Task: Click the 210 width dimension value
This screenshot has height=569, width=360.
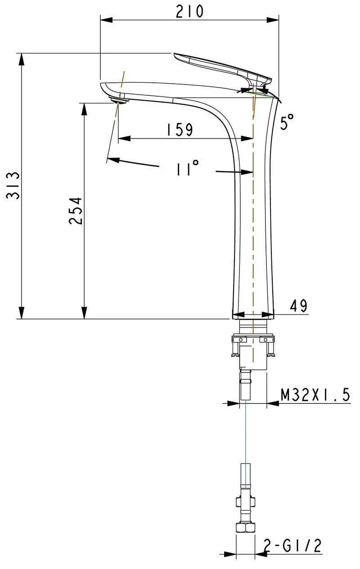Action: pos(190,11)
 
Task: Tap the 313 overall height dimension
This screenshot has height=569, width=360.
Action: pos(13,185)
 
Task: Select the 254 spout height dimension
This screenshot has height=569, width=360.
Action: pos(76,211)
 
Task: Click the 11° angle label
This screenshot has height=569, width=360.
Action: pos(188,168)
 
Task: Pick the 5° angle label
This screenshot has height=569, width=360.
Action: pos(287,121)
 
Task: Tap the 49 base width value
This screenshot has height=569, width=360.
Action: pos(298,305)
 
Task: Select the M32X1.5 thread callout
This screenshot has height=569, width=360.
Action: pos(315,395)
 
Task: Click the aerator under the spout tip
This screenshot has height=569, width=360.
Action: pos(119,100)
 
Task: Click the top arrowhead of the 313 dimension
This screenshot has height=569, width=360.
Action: pos(22,60)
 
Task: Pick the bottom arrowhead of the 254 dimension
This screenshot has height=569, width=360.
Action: pos(84,313)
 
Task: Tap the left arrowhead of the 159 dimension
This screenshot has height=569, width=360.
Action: pos(124,139)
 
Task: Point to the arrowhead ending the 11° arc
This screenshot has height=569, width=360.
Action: pos(113,160)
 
